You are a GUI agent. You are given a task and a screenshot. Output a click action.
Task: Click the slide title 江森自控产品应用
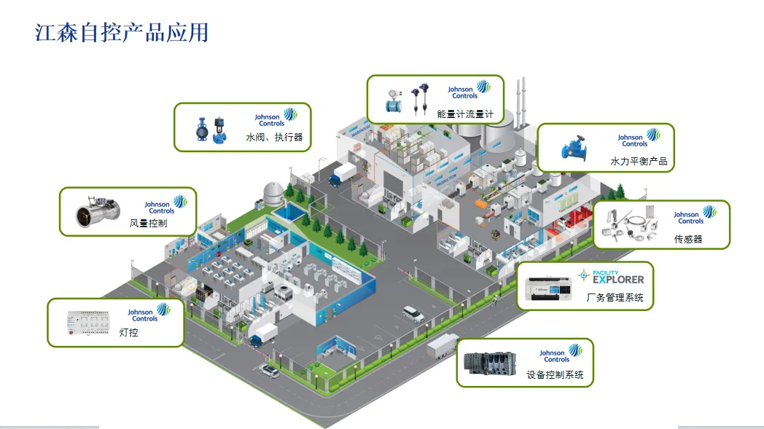click(122, 33)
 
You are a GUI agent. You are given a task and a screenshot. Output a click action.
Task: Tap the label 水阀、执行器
click(274, 137)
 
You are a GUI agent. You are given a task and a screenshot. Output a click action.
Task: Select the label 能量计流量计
click(465, 114)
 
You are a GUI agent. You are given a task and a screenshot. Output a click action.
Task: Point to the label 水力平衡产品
click(639, 161)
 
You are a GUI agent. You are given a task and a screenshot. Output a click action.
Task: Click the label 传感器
click(688, 239)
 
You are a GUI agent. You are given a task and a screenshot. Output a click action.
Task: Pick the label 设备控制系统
click(555, 375)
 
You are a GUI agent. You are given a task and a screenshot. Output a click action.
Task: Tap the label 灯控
click(128, 333)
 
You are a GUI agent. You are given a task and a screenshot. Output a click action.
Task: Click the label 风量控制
click(148, 224)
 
